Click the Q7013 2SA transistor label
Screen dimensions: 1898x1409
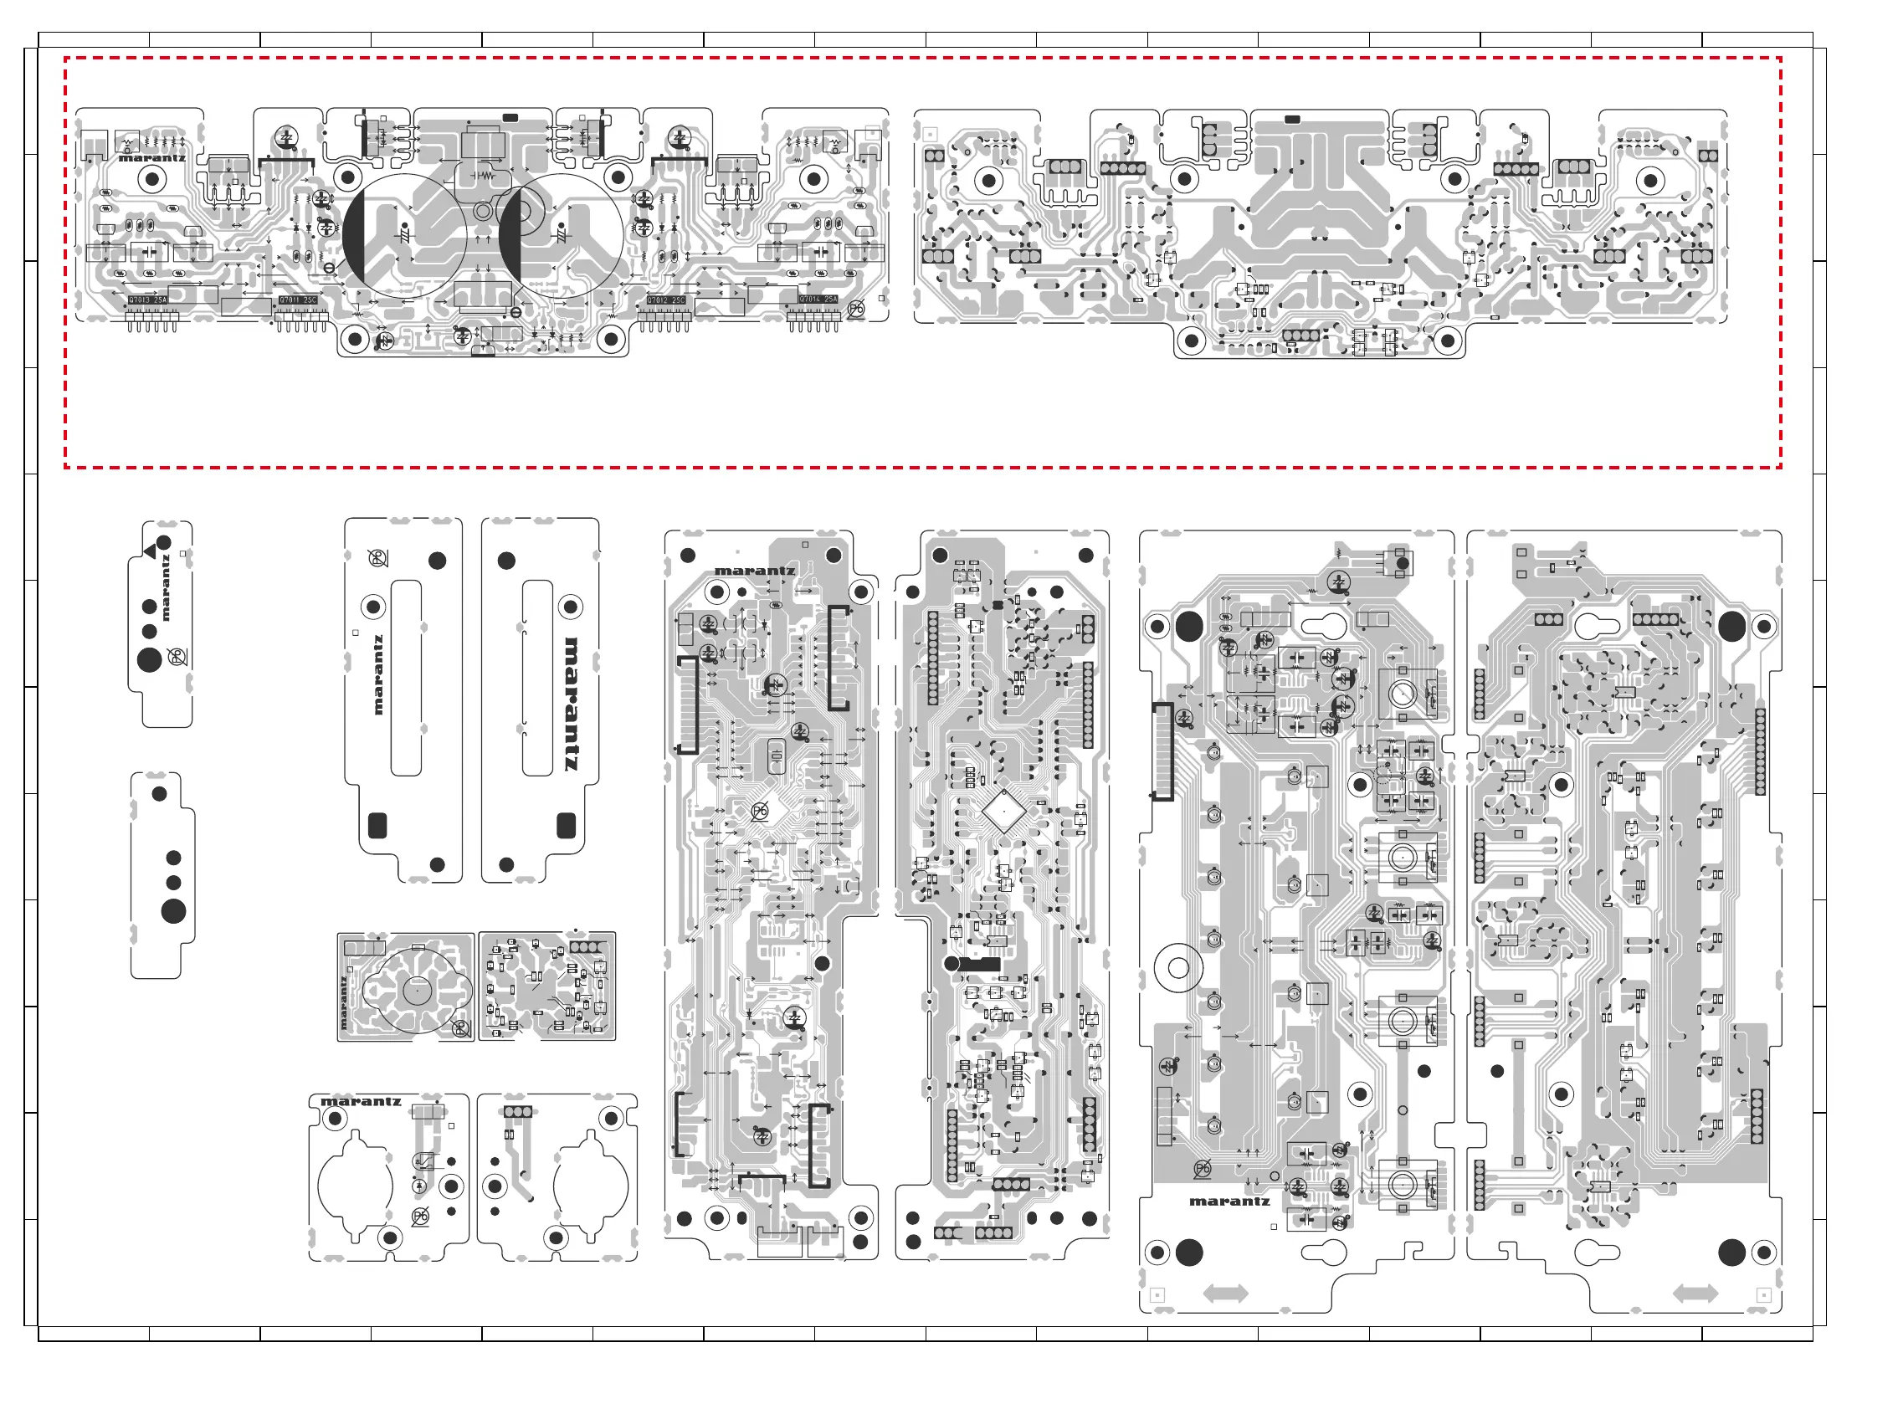pyautogui.click(x=147, y=300)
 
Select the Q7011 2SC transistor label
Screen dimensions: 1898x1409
pyautogui.click(x=298, y=300)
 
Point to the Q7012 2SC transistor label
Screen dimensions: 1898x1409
pyautogui.click(x=665, y=300)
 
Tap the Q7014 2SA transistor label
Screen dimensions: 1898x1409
pyautogui.click(x=818, y=300)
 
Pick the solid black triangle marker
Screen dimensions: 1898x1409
pyautogui.click(x=151, y=553)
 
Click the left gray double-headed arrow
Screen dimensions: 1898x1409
pyautogui.click(x=1225, y=1294)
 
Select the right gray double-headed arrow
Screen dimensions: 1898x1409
pyautogui.click(x=1695, y=1293)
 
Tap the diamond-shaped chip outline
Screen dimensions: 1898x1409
pyautogui.click(x=1004, y=811)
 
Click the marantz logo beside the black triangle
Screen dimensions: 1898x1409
pyautogui.click(x=166, y=587)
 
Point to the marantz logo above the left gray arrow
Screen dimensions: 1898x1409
pyautogui.click(x=1229, y=1201)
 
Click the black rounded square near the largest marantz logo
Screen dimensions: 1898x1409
pyautogui.click(x=566, y=825)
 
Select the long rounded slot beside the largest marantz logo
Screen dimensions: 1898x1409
pyautogui.click(x=536, y=678)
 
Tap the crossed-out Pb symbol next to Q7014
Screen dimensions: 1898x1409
pyautogui.click(x=855, y=309)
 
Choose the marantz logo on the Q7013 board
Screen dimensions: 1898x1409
pyautogui.click(x=151, y=158)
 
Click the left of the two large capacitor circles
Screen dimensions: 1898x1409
pyautogui.click(x=404, y=235)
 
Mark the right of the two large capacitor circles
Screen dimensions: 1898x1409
pyautogui.click(x=561, y=235)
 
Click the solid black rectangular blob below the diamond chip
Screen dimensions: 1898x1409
pyautogui.click(x=978, y=965)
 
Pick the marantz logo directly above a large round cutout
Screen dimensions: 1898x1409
pyautogui.click(x=361, y=1102)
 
